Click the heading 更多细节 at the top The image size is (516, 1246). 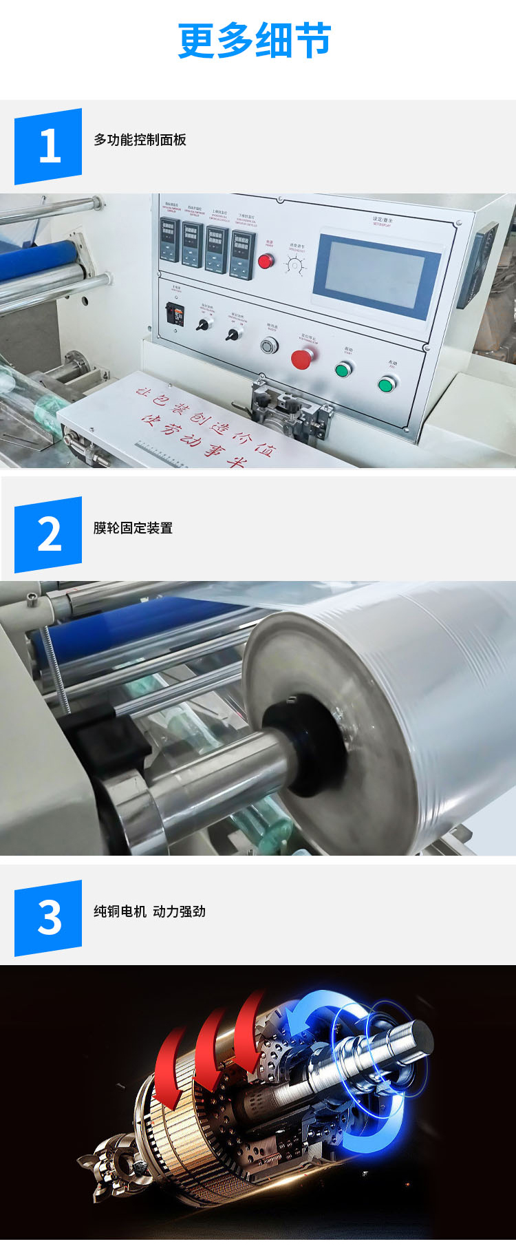pos(255,40)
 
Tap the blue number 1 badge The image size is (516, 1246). pos(48,146)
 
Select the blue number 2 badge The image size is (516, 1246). pos(48,534)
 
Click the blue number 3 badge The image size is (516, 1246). pos(48,918)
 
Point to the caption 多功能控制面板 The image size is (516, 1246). pos(140,140)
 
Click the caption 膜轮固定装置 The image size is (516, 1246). pos(133,528)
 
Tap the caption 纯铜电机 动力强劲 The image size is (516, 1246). pos(149,911)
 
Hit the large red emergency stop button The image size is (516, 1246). pos(301,358)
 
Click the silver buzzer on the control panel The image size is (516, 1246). pos(270,345)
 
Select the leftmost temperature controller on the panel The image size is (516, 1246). pos(169,240)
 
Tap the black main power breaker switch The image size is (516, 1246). pos(175,314)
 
